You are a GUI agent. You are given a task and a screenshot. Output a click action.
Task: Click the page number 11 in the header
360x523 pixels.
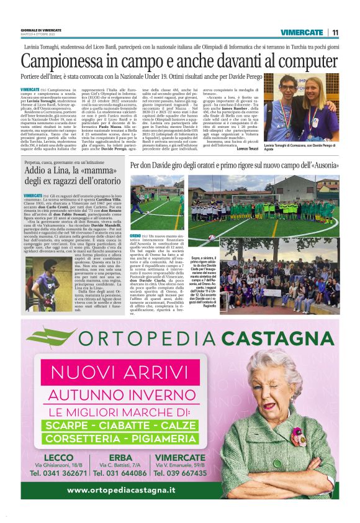(x=335, y=32)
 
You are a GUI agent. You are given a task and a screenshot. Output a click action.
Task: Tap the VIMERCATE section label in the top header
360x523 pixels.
(x=302, y=32)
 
